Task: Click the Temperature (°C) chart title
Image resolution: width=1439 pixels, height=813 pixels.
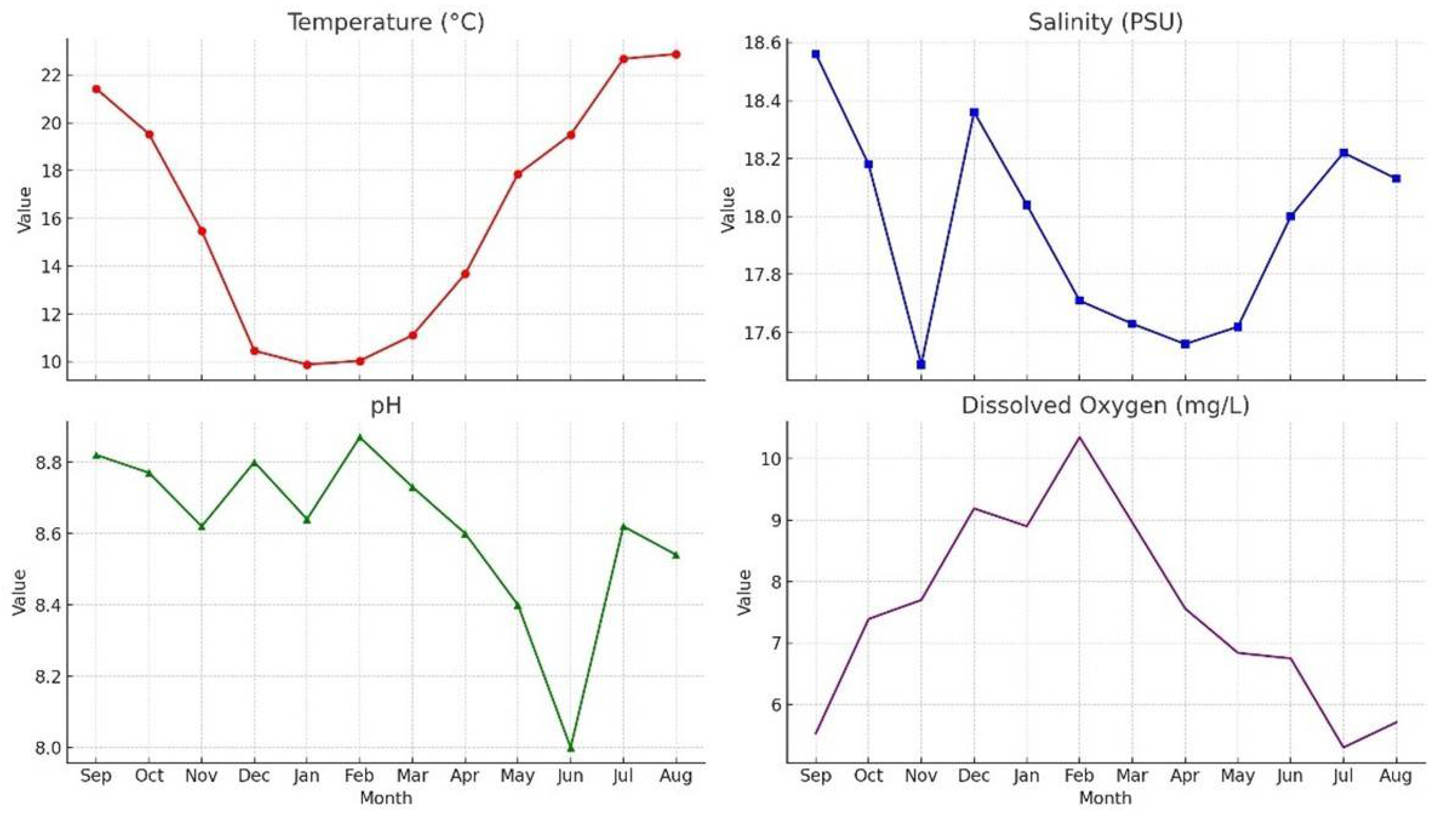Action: click(x=386, y=22)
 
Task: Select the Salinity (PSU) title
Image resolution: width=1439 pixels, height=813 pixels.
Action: click(x=1105, y=22)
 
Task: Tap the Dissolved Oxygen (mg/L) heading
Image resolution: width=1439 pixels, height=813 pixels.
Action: click(x=1105, y=406)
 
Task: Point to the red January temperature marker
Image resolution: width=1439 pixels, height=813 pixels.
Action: click(x=307, y=365)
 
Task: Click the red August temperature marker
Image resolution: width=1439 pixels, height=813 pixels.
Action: click(x=676, y=54)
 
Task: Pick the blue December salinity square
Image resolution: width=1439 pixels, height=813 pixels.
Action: click(x=974, y=112)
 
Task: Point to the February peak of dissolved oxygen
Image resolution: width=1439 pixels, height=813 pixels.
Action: click(x=1079, y=437)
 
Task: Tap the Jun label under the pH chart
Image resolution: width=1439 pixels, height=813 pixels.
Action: click(x=570, y=776)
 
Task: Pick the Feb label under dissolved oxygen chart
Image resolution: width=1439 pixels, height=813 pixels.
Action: click(x=1079, y=776)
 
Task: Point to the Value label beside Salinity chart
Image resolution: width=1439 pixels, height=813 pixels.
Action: click(x=728, y=210)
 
